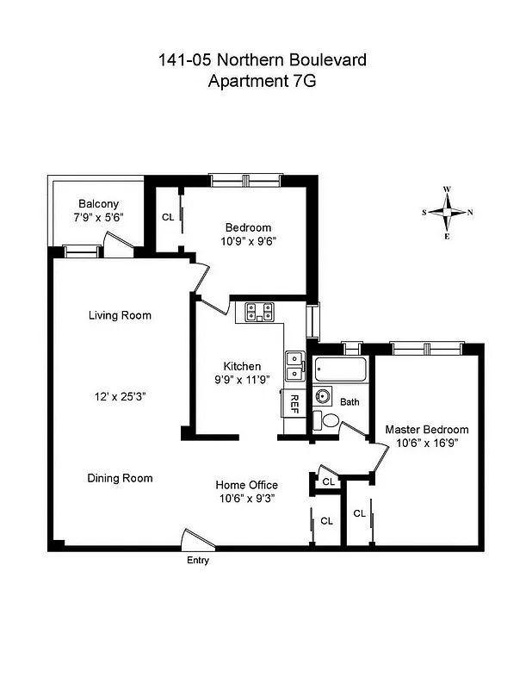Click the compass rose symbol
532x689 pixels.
point(448,212)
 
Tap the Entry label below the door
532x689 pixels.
point(198,561)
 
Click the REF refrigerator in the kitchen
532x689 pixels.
point(294,402)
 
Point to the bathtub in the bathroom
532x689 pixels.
point(341,371)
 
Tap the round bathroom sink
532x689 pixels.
point(324,397)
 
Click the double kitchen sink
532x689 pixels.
point(294,365)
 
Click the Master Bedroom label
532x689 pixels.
point(426,430)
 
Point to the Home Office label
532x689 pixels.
point(246,485)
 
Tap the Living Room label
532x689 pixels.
point(120,315)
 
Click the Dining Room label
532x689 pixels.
point(120,478)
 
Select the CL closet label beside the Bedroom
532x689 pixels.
point(168,217)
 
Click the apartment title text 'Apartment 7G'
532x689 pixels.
point(256,82)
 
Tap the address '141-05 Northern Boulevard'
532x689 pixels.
point(256,60)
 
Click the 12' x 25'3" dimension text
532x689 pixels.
point(120,397)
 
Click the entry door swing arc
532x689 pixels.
point(196,538)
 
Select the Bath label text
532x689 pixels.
point(350,402)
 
